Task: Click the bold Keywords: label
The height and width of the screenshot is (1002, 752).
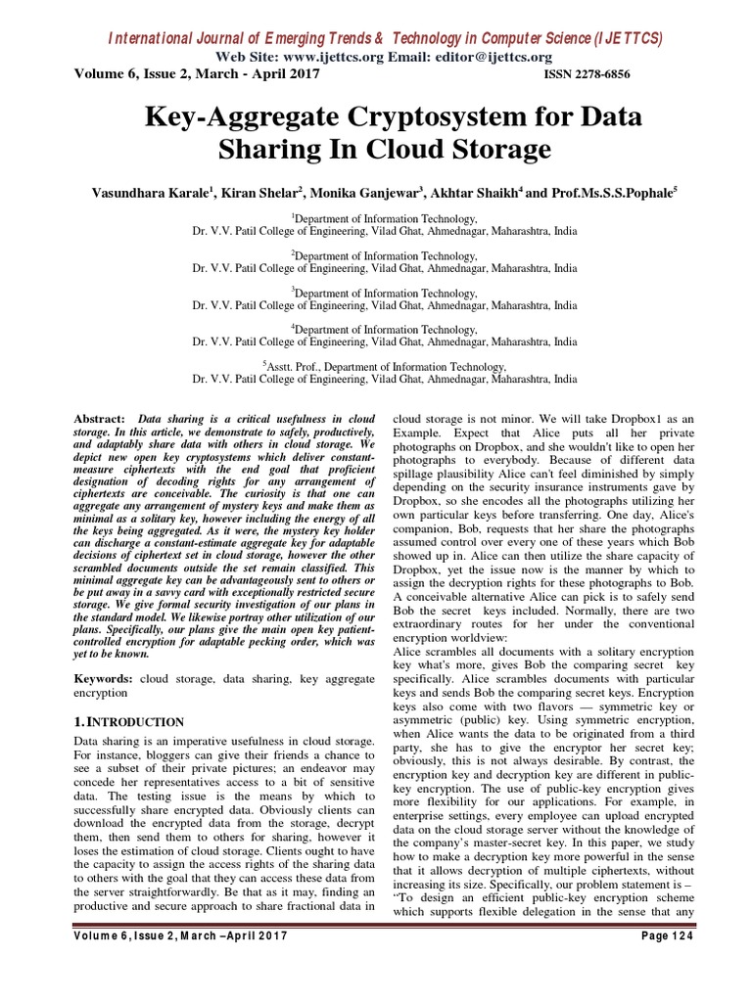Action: point(105,678)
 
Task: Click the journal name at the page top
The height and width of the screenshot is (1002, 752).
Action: point(384,38)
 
